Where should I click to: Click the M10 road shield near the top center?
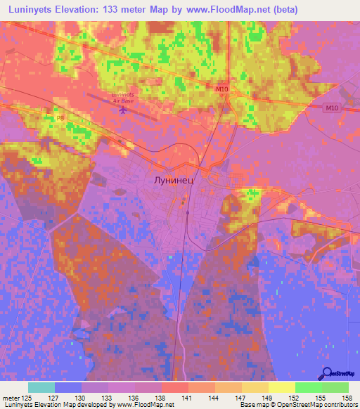click(x=222, y=89)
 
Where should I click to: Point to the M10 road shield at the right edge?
click(x=333, y=108)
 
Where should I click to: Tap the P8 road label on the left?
click(x=50, y=117)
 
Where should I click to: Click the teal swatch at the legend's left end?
click(x=41, y=387)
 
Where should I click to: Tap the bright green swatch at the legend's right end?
click(x=335, y=387)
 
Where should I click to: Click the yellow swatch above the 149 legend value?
click(x=282, y=387)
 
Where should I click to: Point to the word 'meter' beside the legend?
click(x=11, y=397)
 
